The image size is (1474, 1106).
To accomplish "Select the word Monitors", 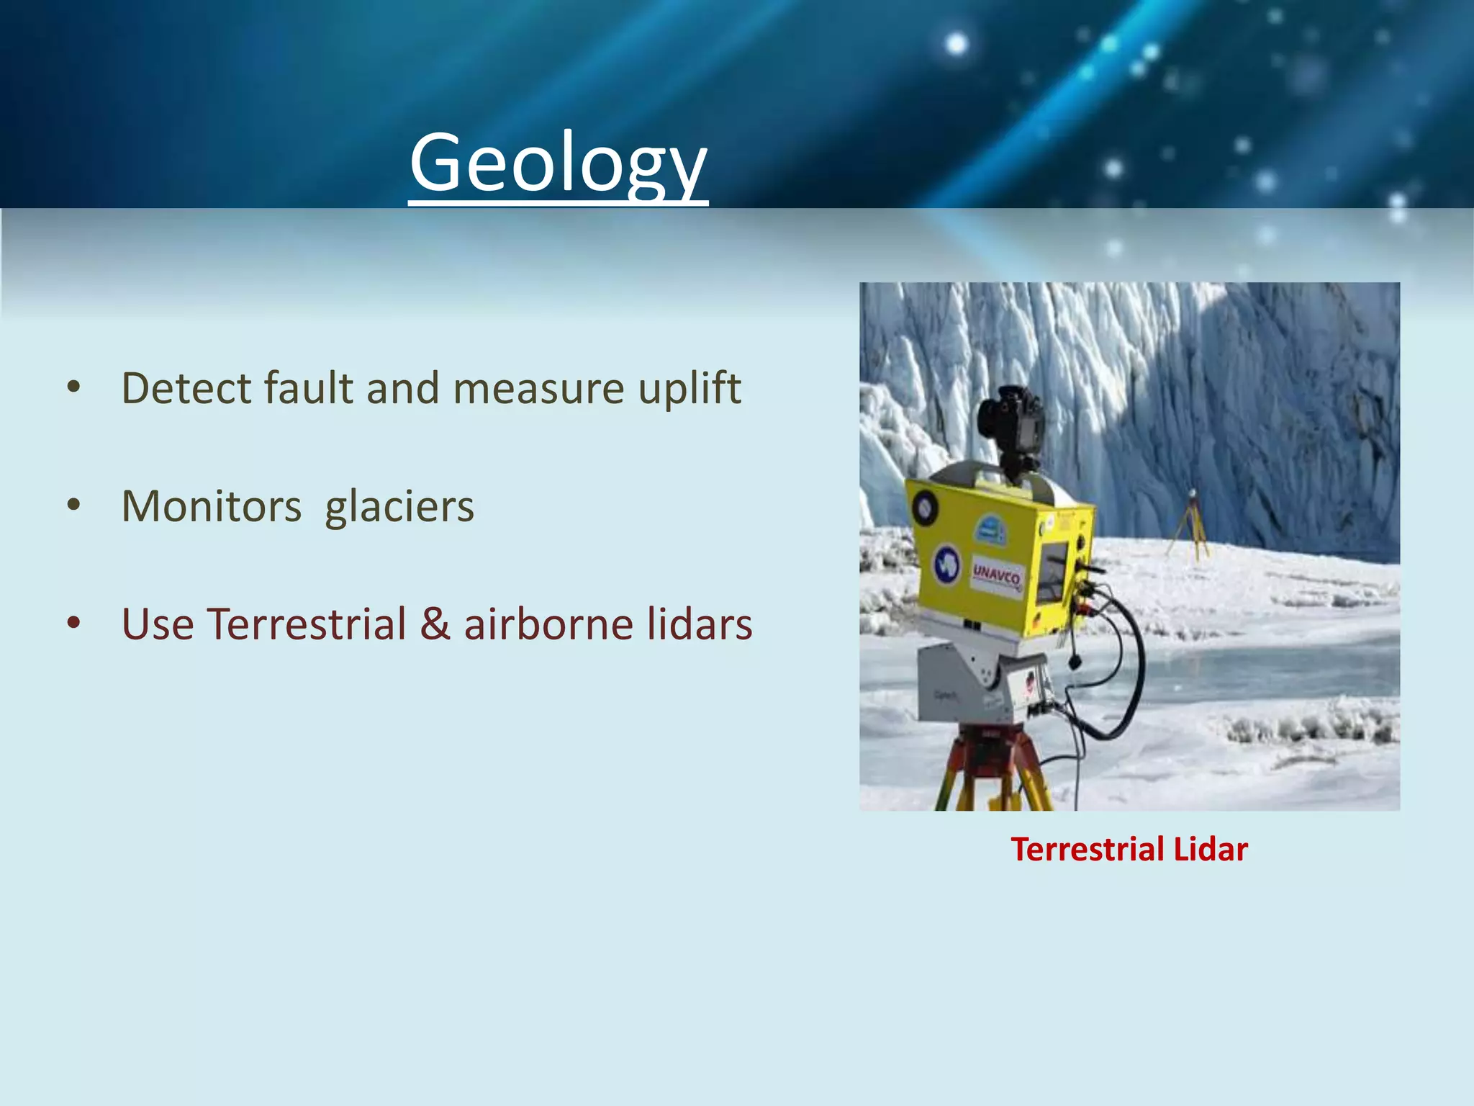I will [x=212, y=506].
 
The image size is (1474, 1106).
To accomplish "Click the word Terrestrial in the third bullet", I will [x=307, y=624].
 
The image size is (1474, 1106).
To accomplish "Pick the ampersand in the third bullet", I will [x=435, y=624].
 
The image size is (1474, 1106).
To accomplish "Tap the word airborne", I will [x=548, y=624].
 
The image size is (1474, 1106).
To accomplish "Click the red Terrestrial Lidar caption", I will [x=1129, y=849].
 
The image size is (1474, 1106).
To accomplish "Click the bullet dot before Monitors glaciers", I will [x=73, y=506].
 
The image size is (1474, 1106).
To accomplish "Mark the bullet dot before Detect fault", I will [x=73, y=388].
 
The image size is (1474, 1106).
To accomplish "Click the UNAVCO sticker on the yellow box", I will [x=997, y=576].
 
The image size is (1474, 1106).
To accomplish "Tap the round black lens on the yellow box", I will [x=923, y=508].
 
